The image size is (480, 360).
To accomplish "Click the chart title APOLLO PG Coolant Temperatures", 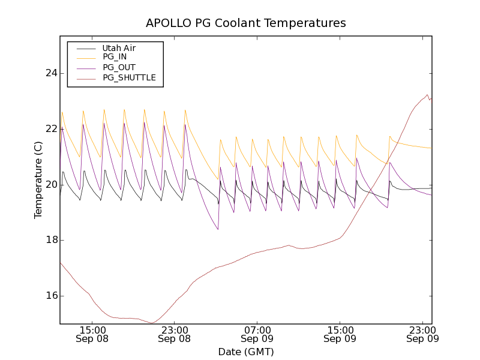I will [x=246, y=23].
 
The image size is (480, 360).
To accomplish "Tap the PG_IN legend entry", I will [x=115, y=57].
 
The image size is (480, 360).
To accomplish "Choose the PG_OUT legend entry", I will [x=119, y=67].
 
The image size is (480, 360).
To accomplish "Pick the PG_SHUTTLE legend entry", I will [x=129, y=77].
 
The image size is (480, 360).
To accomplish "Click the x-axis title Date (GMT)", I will [x=246, y=352].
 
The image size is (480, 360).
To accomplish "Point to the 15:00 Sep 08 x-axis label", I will [x=92, y=334].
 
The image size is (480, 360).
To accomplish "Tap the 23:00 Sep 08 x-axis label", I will [x=175, y=334].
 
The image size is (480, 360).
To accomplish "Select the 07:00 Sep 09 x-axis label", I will [x=257, y=334].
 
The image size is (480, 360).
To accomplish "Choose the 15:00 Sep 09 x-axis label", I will [x=340, y=334].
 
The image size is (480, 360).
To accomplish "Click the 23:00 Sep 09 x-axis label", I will [x=422, y=334].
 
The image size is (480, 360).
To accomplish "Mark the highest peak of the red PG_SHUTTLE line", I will [x=427, y=94].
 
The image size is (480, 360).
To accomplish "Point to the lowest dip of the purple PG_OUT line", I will [x=218, y=229].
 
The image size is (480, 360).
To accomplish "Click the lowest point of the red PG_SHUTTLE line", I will [x=152, y=323].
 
